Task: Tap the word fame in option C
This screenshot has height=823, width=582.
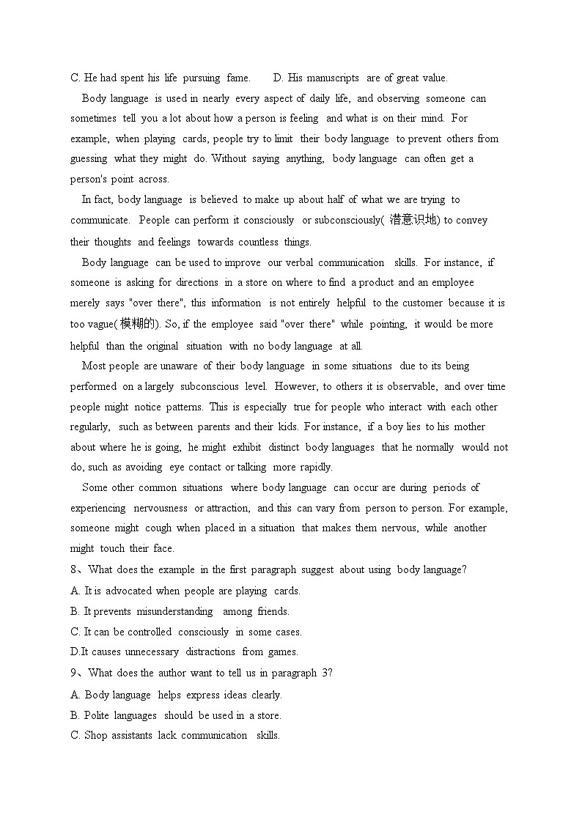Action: coord(237,78)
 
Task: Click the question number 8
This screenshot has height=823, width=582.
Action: coord(73,570)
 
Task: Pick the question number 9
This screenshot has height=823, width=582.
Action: coord(73,673)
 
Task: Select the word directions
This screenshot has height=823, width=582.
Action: coord(196,283)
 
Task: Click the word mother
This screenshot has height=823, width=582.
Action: coord(466,427)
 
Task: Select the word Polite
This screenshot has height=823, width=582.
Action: coord(99,716)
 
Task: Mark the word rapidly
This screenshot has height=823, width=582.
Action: coord(315,468)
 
